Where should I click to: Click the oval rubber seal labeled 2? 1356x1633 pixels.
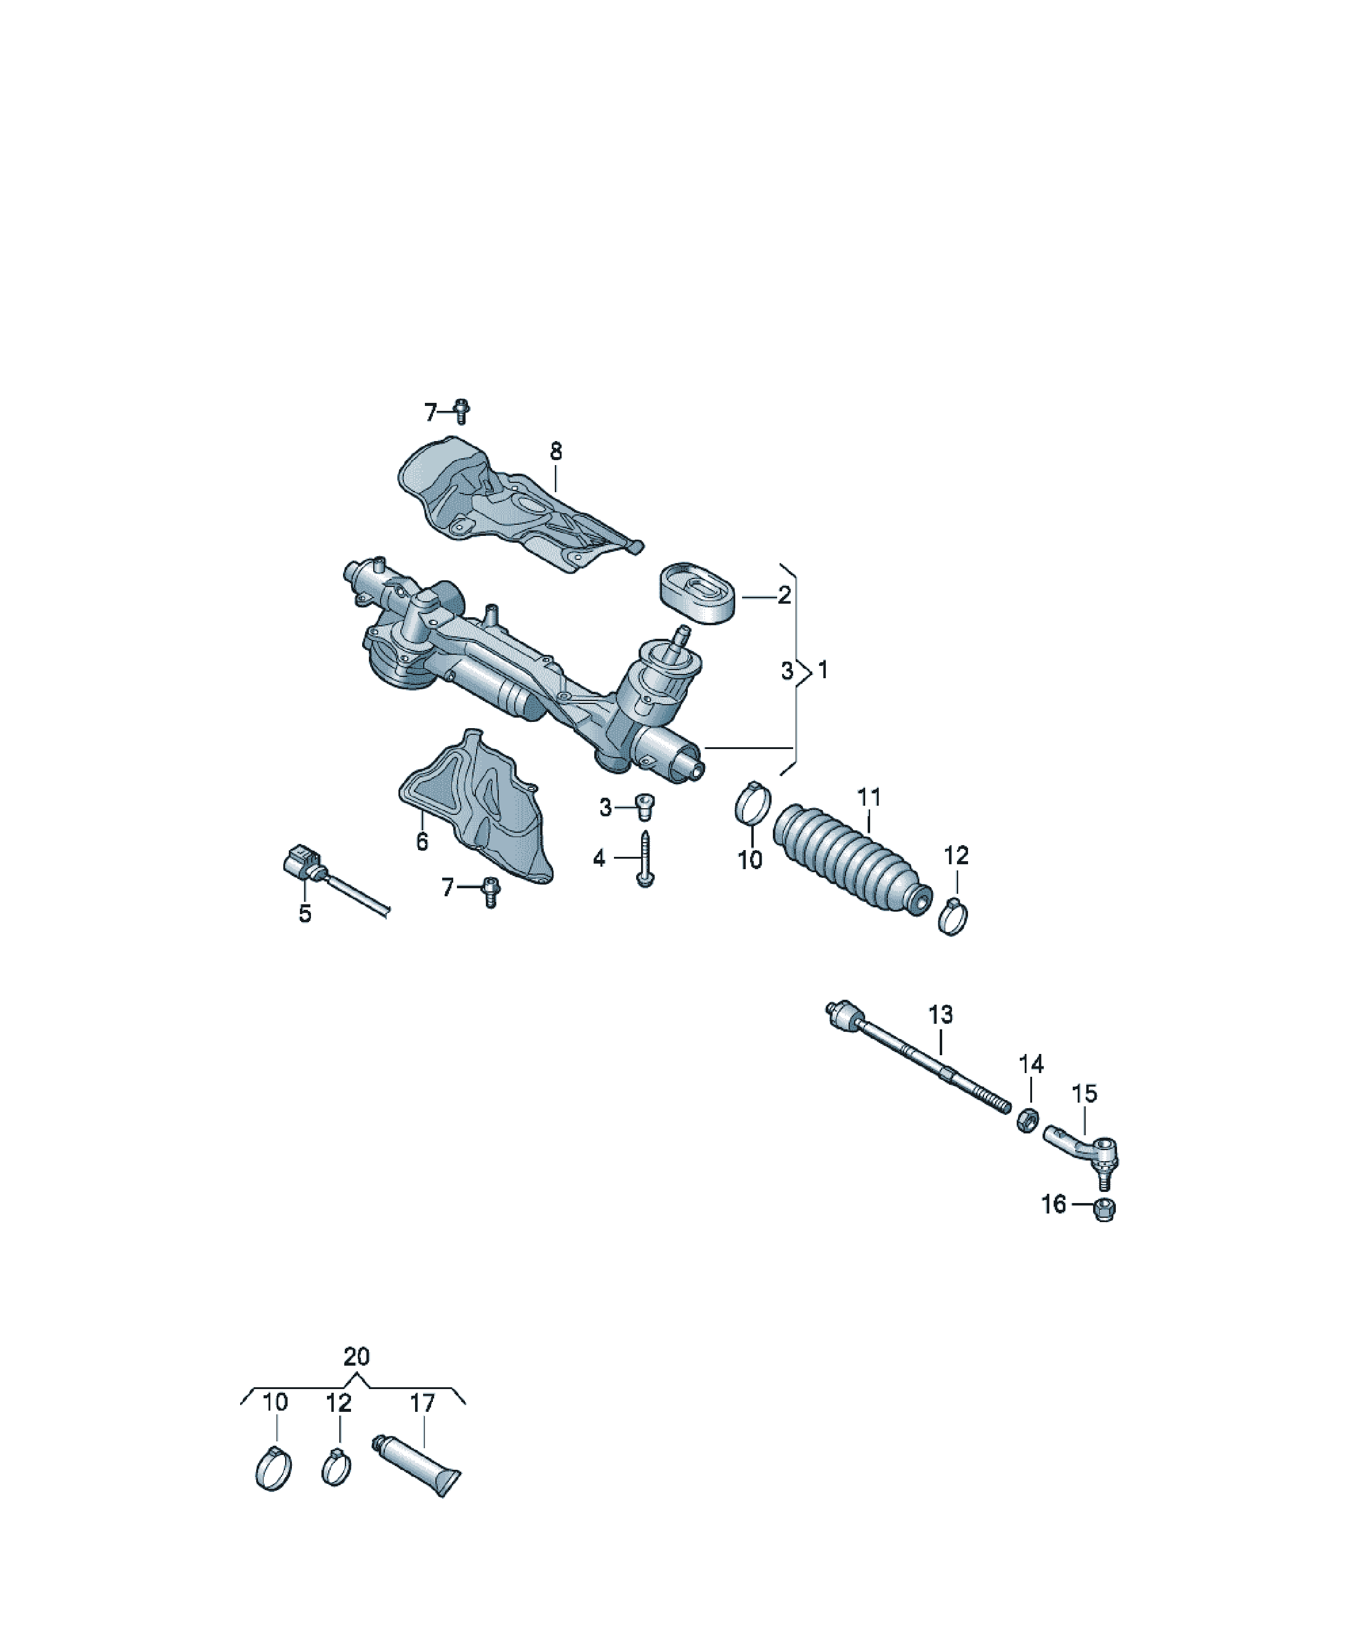click(x=698, y=593)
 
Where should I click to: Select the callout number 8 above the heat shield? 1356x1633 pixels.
click(x=555, y=451)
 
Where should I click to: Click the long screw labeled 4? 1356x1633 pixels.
click(x=645, y=859)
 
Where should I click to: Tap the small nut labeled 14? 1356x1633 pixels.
click(x=1027, y=1120)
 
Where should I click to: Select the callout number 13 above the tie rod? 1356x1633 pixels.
click(x=940, y=1014)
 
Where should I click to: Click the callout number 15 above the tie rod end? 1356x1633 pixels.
click(x=1084, y=1093)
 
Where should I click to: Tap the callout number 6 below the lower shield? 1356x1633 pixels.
click(x=422, y=841)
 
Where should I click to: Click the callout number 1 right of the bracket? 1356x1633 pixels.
click(x=823, y=670)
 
